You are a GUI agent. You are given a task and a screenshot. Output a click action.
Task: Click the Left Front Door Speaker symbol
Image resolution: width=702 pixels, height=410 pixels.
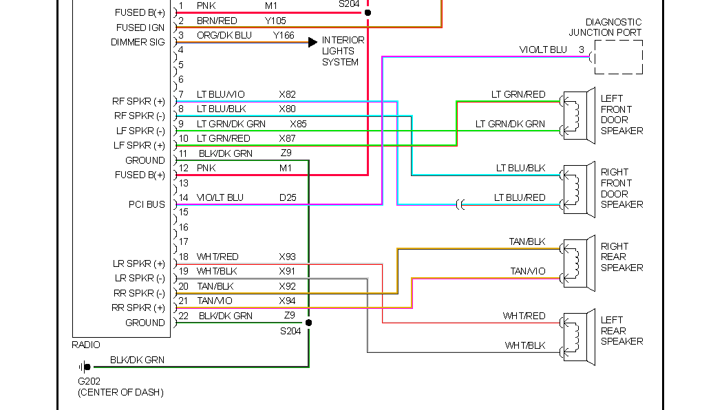(x=578, y=116)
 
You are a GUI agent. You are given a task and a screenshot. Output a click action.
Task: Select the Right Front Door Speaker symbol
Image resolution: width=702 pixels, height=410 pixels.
(x=578, y=190)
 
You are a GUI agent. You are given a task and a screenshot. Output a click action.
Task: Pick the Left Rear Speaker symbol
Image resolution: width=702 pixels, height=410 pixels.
(x=578, y=337)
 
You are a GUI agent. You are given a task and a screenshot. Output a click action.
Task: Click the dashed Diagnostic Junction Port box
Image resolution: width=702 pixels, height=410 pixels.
(x=618, y=57)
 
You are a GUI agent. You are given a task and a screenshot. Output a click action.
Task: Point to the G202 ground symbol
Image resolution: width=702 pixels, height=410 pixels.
(x=85, y=367)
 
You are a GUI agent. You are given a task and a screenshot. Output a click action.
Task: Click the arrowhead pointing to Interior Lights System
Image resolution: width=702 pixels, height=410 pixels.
(x=312, y=42)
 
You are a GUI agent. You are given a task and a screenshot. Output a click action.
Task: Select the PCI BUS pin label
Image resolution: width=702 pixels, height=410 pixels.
(x=146, y=204)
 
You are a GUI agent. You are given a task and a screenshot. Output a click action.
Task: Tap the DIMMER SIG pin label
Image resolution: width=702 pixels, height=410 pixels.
(x=138, y=42)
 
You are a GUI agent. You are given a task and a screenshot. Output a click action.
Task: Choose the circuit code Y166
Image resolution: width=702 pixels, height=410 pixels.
(x=284, y=35)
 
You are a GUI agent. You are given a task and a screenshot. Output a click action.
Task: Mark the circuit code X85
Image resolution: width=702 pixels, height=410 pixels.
(x=298, y=124)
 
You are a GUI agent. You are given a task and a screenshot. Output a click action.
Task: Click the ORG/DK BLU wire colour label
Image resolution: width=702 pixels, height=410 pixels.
(x=224, y=35)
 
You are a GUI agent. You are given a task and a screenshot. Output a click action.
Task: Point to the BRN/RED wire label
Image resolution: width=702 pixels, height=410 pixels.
(x=217, y=21)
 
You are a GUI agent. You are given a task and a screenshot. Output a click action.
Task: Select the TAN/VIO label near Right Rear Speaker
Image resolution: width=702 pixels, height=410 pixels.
(x=527, y=271)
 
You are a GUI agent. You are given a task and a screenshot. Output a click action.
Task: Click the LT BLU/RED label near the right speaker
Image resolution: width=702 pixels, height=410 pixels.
(x=519, y=197)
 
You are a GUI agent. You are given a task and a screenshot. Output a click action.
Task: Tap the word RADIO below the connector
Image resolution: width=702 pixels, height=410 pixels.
(x=86, y=345)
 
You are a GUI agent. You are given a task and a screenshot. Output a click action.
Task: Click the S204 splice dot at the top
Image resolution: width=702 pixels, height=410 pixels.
(x=368, y=12)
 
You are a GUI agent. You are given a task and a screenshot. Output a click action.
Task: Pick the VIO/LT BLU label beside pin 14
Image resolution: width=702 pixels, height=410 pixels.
(x=220, y=197)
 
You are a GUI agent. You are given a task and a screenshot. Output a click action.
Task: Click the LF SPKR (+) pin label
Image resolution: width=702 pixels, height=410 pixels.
(x=139, y=145)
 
